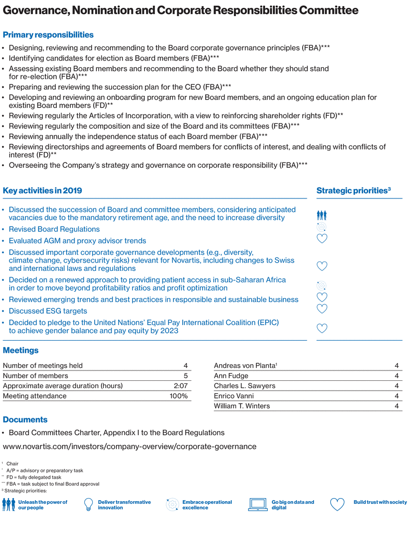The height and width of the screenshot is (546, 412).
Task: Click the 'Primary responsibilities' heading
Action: tap(48, 35)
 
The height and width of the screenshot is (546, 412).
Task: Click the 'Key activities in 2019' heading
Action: tap(42, 191)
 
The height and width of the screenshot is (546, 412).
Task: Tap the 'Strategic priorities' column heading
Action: tap(354, 191)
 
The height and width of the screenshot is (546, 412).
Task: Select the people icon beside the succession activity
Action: tap(321, 214)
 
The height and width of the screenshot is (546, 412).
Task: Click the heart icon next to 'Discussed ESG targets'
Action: tap(322, 308)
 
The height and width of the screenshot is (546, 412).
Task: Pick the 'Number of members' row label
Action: tap(35, 376)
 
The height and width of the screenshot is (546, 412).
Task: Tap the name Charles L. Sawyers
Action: tap(245, 386)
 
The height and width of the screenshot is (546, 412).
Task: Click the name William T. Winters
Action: tap(242, 406)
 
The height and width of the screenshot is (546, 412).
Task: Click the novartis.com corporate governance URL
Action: tap(130, 446)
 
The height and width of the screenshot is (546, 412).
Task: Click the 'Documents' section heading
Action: tap(25, 419)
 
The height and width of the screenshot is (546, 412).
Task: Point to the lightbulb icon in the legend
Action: tap(89, 505)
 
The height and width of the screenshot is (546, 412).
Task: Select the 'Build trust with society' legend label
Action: tap(380, 502)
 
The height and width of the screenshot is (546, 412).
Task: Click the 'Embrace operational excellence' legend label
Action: tap(207, 505)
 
